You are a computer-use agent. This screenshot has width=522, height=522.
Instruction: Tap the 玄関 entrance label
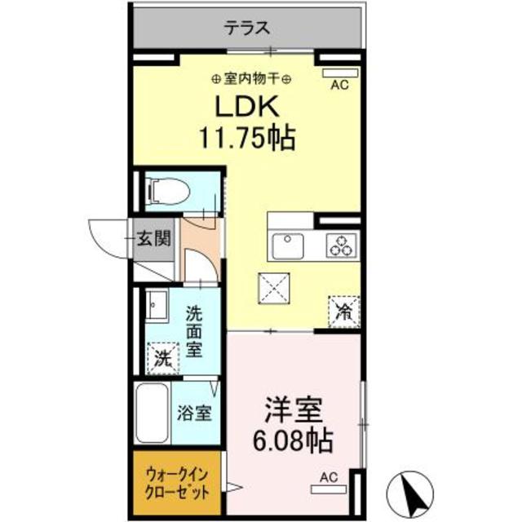pyautogui.click(x=153, y=240)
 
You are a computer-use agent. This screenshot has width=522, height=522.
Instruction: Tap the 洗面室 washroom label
pyautogui.click(x=194, y=330)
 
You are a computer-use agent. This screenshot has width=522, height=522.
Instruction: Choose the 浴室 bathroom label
pyautogui.click(x=194, y=412)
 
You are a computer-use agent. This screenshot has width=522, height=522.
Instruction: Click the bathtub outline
pyautogui.click(x=153, y=414)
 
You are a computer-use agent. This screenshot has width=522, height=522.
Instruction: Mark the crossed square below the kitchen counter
pyautogui.click(x=272, y=286)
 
